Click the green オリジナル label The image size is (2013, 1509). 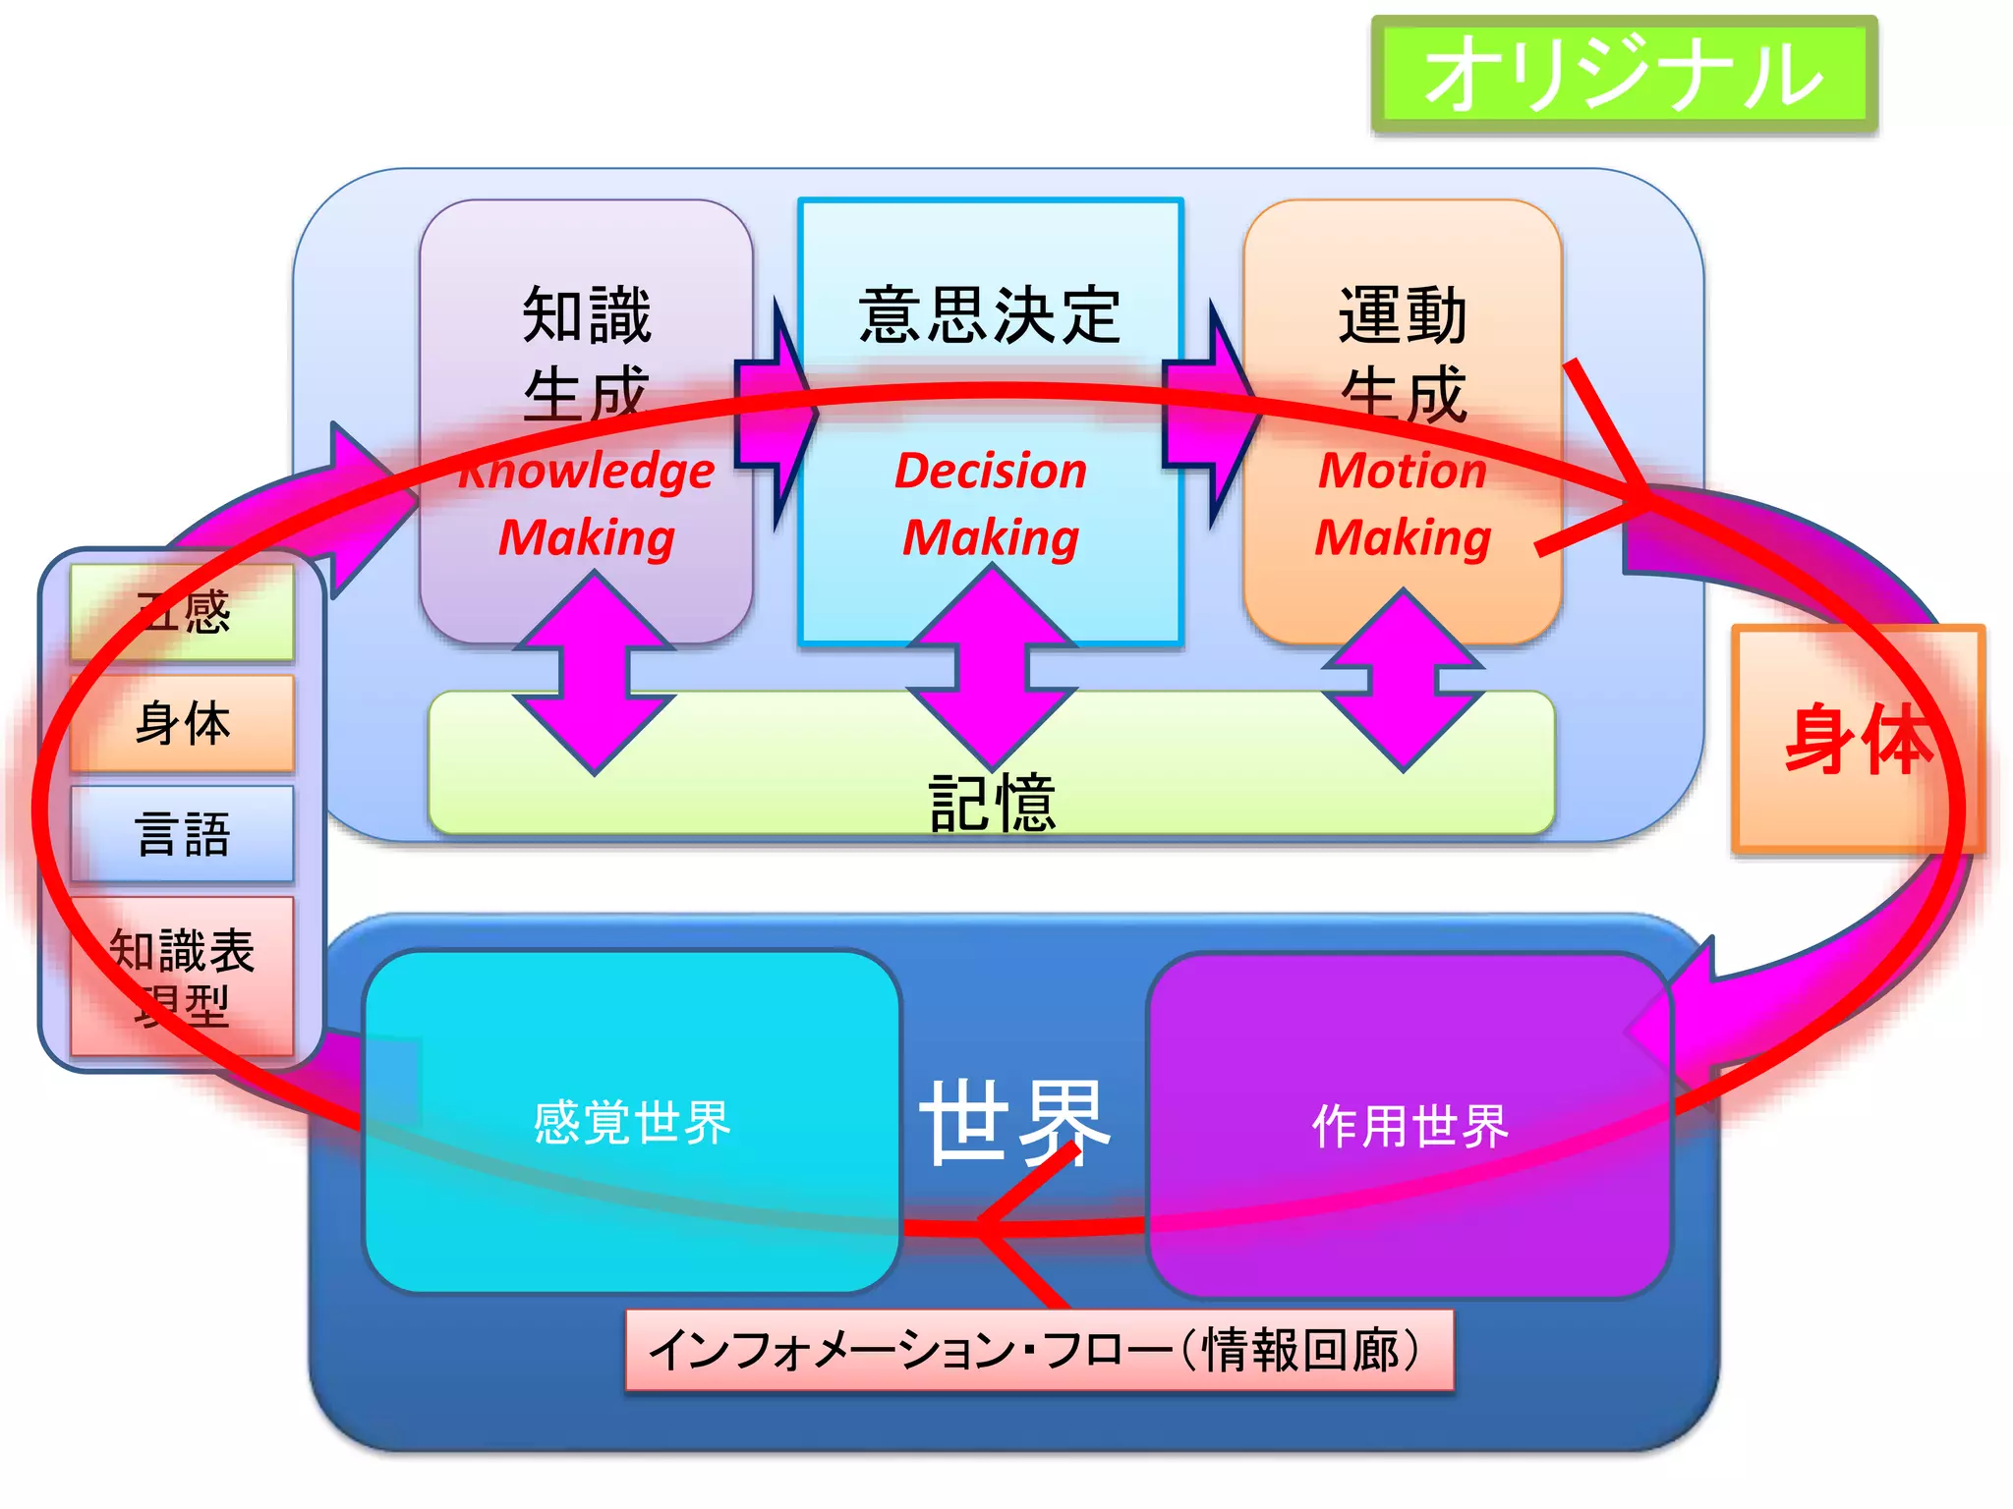1624,75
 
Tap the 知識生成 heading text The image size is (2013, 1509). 587,354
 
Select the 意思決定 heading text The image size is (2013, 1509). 990,316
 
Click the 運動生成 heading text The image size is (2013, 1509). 1403,354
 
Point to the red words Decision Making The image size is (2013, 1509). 991,504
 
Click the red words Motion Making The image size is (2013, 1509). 1403,504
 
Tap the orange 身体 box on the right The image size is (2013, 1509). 1857,739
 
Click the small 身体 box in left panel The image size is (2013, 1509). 183,723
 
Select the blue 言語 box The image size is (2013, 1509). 183,834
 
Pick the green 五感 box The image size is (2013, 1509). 183,612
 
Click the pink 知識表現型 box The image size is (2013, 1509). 183,976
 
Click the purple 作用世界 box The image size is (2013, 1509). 1409,1125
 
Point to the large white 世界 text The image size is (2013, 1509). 1015,1122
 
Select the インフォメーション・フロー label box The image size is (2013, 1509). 1039,1350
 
